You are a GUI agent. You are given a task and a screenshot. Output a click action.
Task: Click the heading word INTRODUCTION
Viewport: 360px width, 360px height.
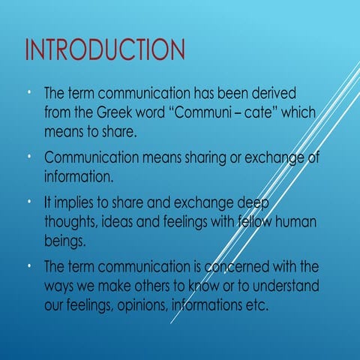click(x=104, y=50)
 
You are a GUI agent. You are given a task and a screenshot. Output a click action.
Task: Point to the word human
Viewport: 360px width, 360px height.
click(x=295, y=222)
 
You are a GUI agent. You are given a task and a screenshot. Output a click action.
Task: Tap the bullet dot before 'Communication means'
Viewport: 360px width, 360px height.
click(x=28, y=156)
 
